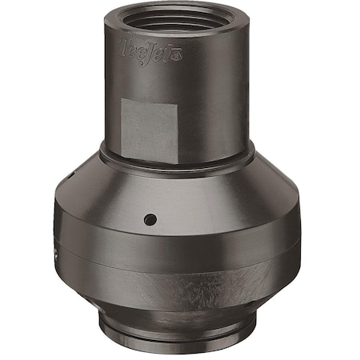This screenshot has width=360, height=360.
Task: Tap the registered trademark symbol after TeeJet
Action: pos(179,58)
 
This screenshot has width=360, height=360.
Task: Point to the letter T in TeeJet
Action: pos(125,45)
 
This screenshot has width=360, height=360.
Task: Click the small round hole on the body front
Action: pos(150,218)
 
